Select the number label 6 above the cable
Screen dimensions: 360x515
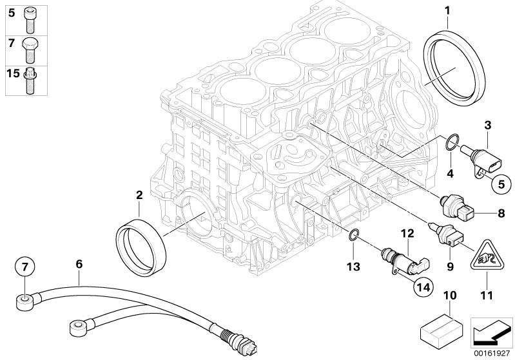coord(79,263)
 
